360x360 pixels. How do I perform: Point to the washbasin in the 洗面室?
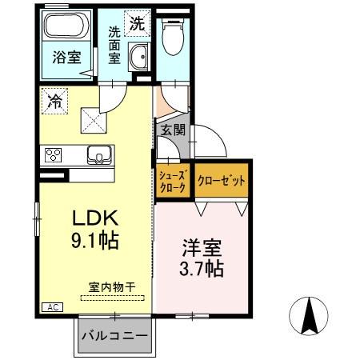(140, 58)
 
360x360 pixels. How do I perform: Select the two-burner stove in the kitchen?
(54, 155)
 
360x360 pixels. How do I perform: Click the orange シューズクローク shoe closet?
(171, 181)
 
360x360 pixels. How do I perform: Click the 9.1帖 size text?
(96, 240)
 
